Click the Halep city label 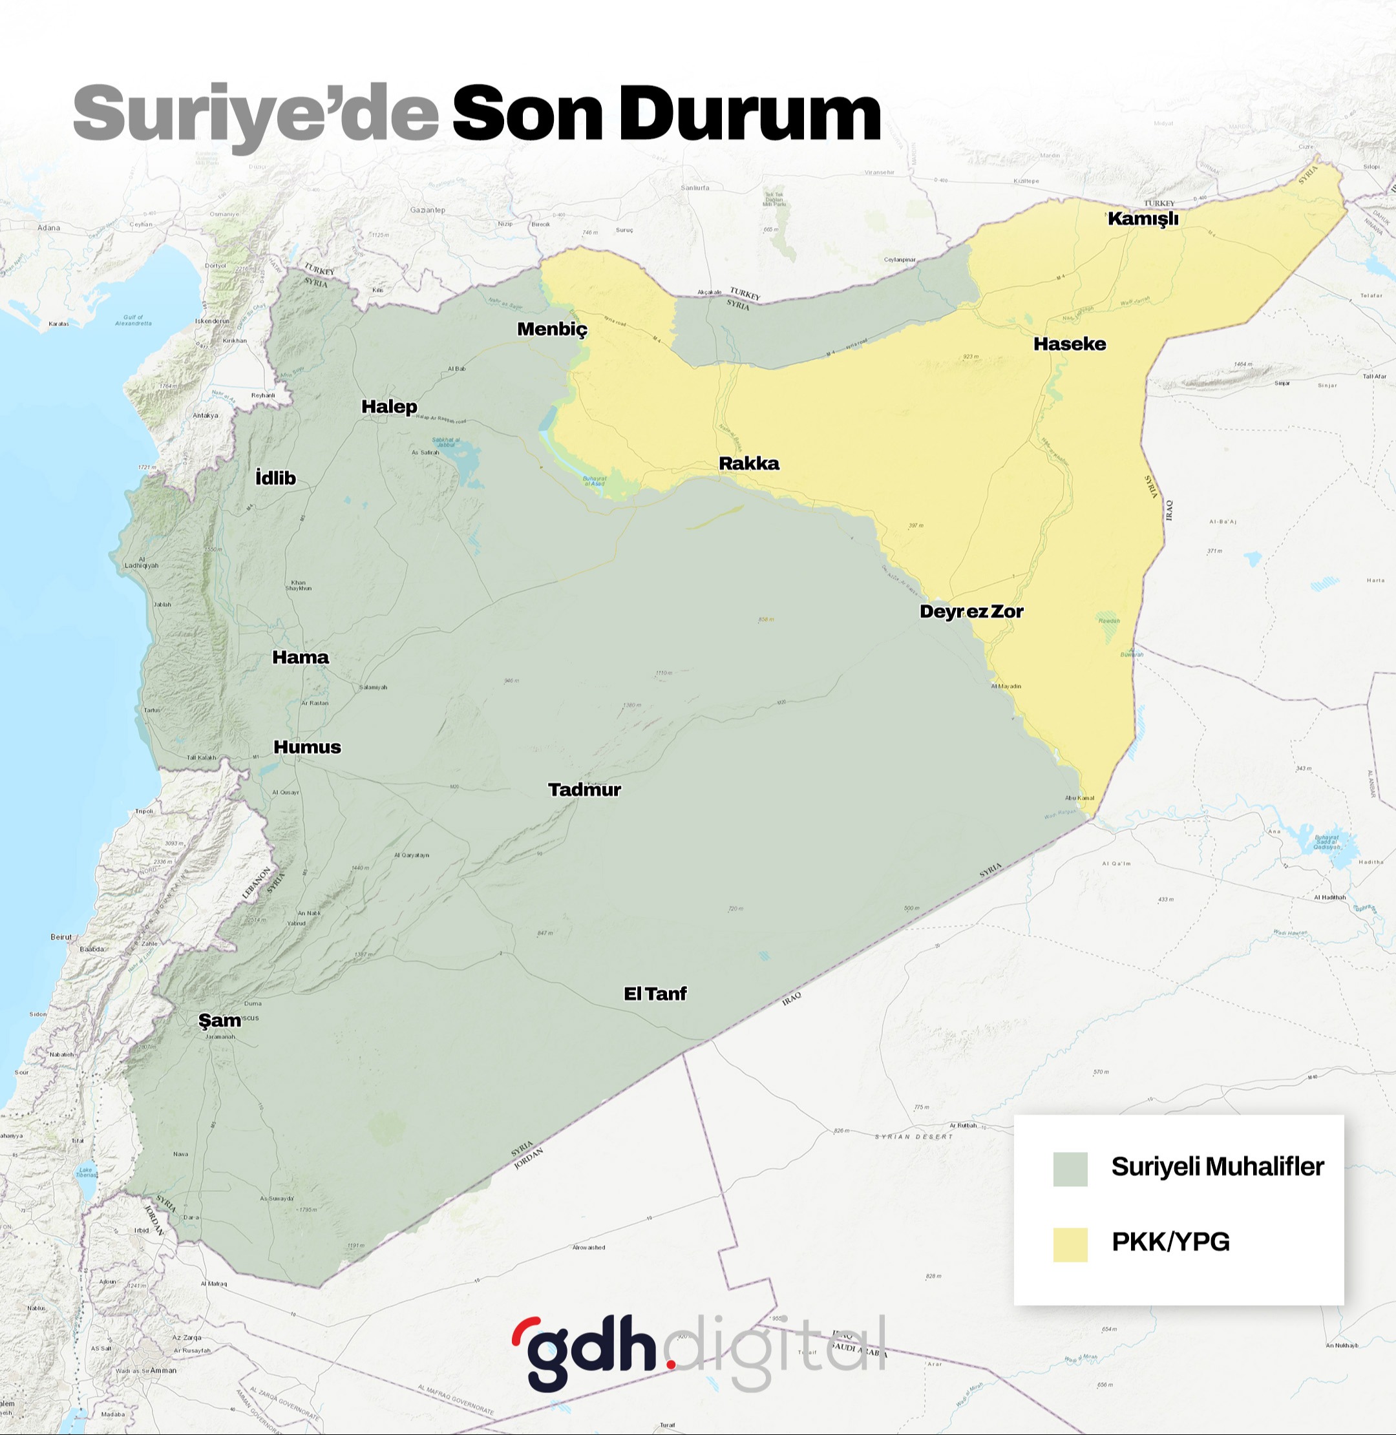coord(389,407)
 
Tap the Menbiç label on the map coord(552,329)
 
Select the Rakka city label coord(748,463)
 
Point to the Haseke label coord(1069,344)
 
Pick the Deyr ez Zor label coord(971,611)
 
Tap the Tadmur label coord(584,790)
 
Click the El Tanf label coord(655,993)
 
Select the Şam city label coord(219,1020)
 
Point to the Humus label coord(307,747)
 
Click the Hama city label coord(301,657)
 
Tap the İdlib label coord(276,478)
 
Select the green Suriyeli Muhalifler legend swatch coord(1070,1168)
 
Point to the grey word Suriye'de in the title coord(255,115)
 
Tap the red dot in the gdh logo coord(670,1363)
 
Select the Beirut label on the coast coord(61,937)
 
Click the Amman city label coord(163,1370)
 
